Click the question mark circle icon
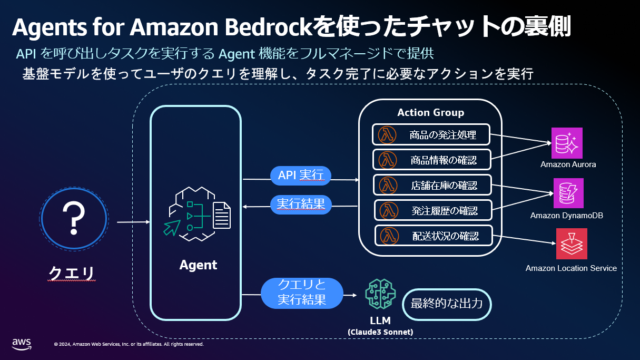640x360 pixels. [74, 219]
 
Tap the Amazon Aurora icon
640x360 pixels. [567, 143]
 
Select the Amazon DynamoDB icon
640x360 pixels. [568, 193]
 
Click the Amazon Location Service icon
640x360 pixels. [571, 244]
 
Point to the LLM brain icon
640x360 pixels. [380, 294]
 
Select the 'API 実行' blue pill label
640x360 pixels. [301, 176]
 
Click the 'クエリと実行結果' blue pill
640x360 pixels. [302, 293]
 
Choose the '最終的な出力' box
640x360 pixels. [446, 304]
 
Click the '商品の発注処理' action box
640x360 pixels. [431, 135]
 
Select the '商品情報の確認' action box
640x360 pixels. [432, 160]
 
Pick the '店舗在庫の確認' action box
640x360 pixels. [432, 185]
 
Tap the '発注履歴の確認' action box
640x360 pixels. [433, 210]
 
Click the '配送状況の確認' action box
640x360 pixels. [434, 236]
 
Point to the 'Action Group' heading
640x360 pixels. [430, 112]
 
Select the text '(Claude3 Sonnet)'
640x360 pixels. [380, 332]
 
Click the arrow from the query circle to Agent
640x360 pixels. [133, 222]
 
